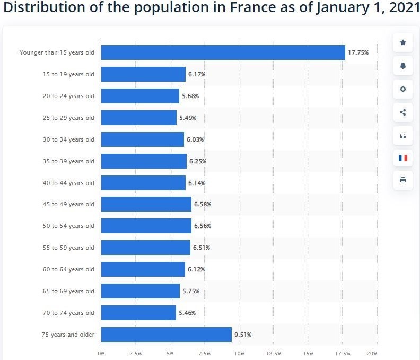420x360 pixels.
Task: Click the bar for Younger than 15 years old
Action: tap(223, 52)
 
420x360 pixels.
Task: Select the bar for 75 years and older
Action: tap(166, 335)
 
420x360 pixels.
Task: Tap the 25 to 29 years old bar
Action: tap(138, 118)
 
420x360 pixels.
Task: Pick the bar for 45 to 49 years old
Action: tap(146, 204)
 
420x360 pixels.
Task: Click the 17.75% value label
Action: tap(358, 52)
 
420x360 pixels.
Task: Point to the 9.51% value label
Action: tap(243, 335)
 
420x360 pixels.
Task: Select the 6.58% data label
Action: tap(203, 204)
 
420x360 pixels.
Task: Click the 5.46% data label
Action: tap(187, 313)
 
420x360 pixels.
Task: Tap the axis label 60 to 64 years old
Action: tap(68, 269)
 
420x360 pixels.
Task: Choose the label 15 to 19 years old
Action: tap(68, 74)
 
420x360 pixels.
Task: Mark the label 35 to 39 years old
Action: tap(68, 161)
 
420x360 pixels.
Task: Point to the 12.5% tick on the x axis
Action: tap(274, 353)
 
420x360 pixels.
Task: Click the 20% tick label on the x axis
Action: tap(372, 353)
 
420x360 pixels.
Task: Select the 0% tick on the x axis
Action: tap(101, 353)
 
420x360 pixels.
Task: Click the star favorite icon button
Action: tap(402, 42)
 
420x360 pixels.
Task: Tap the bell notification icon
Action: tap(402, 66)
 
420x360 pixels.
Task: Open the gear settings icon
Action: tap(402, 89)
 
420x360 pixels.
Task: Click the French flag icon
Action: tap(402, 158)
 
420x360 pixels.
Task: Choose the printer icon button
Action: tap(402, 180)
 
